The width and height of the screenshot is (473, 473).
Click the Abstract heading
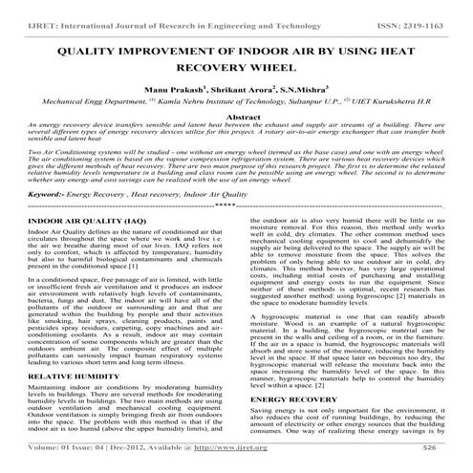point(236,140)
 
